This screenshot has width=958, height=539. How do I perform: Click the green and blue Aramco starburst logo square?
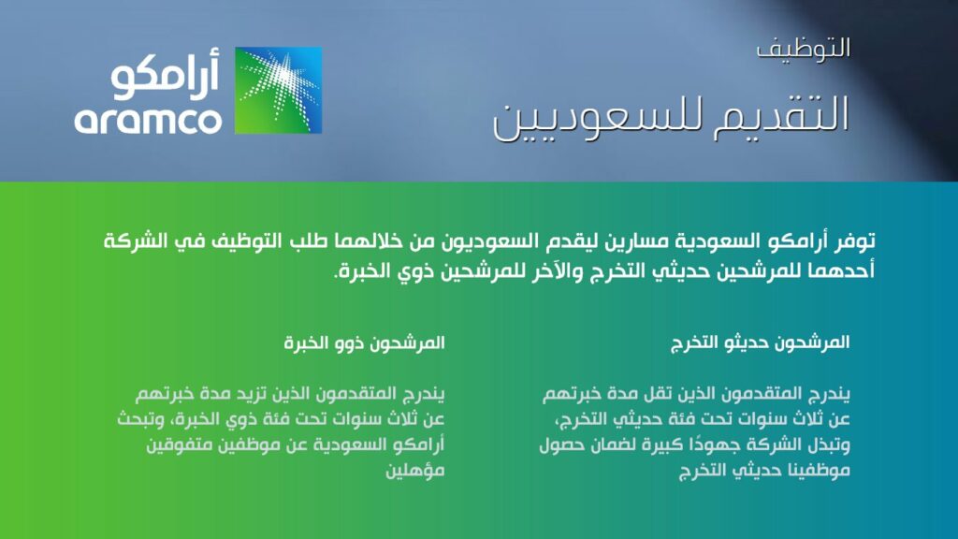[278, 90]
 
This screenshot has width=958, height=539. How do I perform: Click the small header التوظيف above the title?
[804, 49]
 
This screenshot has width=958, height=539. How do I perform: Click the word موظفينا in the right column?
[815, 472]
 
